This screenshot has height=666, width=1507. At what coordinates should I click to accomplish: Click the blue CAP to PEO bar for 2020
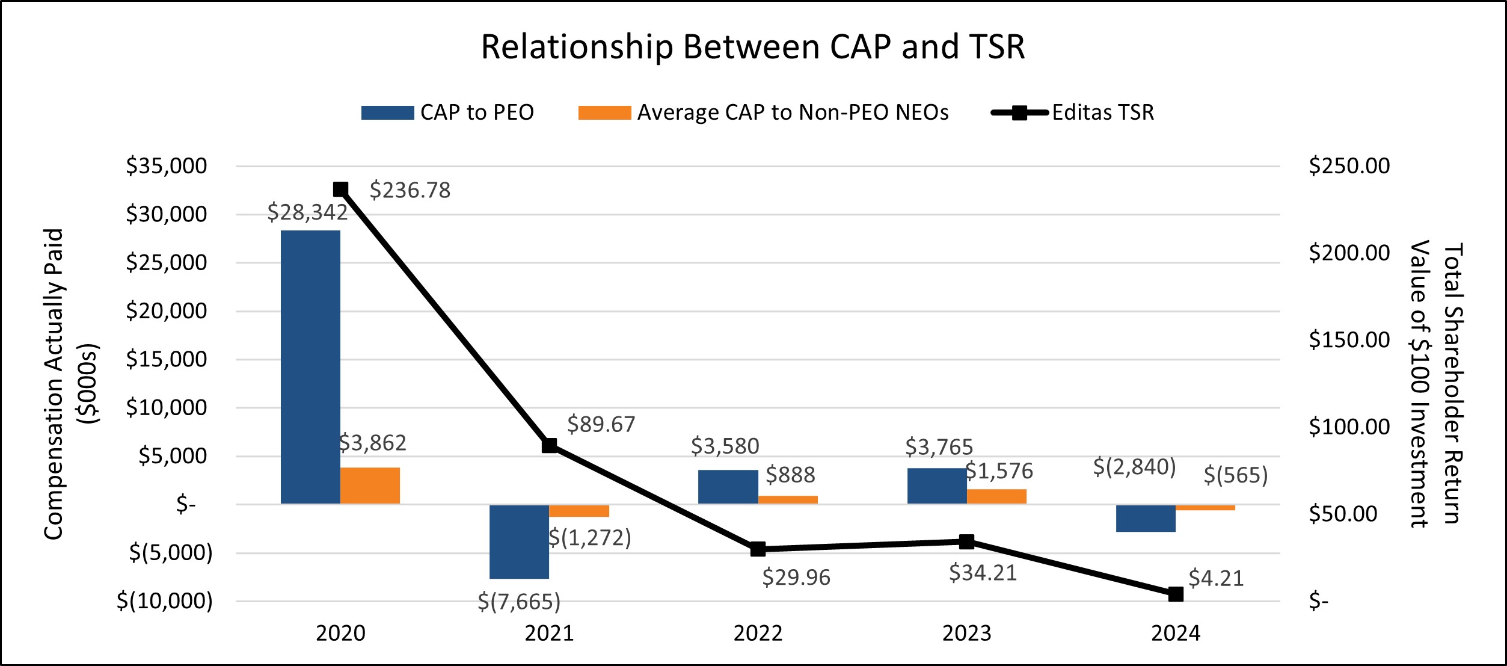(310, 367)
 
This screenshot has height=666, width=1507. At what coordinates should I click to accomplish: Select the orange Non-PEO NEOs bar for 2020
(370, 486)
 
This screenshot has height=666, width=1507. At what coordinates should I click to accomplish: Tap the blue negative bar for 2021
(519, 541)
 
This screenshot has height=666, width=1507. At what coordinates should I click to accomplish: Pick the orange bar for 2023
(996, 496)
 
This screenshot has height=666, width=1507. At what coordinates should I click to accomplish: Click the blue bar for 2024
(1146, 518)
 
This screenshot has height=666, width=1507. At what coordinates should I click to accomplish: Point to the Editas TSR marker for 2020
(340, 190)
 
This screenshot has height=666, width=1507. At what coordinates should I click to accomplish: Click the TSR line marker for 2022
(758, 549)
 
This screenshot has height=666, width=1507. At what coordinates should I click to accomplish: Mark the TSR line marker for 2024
(1176, 594)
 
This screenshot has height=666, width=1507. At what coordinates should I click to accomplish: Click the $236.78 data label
(410, 191)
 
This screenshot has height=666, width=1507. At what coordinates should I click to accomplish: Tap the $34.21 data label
(983, 573)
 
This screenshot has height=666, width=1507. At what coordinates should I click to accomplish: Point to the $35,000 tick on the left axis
(166, 166)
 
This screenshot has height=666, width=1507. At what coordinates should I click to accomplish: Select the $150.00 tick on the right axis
(1349, 340)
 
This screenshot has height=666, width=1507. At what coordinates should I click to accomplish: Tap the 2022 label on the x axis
(758, 634)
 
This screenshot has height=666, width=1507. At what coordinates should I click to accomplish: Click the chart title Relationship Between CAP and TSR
(753, 47)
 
